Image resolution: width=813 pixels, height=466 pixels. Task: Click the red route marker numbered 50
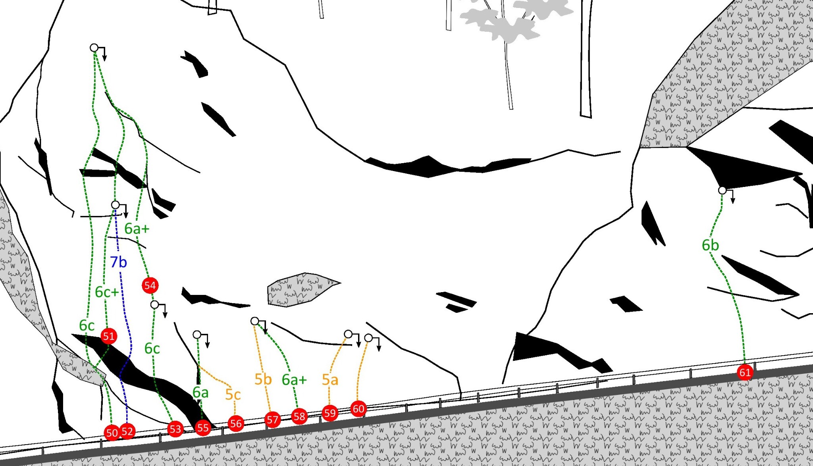tap(112, 433)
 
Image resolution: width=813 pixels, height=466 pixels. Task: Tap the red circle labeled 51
tap(108, 337)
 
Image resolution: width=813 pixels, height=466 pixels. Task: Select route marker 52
tap(127, 431)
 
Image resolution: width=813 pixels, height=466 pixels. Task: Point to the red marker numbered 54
tap(150, 285)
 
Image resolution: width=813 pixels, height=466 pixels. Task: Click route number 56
tap(235, 424)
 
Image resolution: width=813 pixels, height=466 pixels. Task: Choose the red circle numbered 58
tap(299, 416)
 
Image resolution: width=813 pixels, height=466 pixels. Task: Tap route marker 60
tap(358, 409)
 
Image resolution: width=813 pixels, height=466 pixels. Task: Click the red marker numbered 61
tap(745, 372)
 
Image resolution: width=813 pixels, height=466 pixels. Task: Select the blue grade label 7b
tap(118, 262)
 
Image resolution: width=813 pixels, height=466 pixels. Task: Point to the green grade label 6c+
tap(107, 292)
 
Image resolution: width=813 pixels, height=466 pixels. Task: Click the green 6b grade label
tap(710, 245)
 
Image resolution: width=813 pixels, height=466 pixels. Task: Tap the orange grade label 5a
tap(330, 380)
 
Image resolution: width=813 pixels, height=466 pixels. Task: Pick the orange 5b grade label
tap(263, 379)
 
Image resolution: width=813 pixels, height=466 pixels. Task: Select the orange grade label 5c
tap(233, 395)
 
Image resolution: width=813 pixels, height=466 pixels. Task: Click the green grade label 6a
tap(200, 393)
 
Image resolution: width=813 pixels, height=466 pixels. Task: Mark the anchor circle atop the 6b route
tap(722, 191)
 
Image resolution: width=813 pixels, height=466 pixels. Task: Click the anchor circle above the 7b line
tap(115, 205)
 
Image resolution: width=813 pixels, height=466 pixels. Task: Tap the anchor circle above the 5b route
tap(255, 321)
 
